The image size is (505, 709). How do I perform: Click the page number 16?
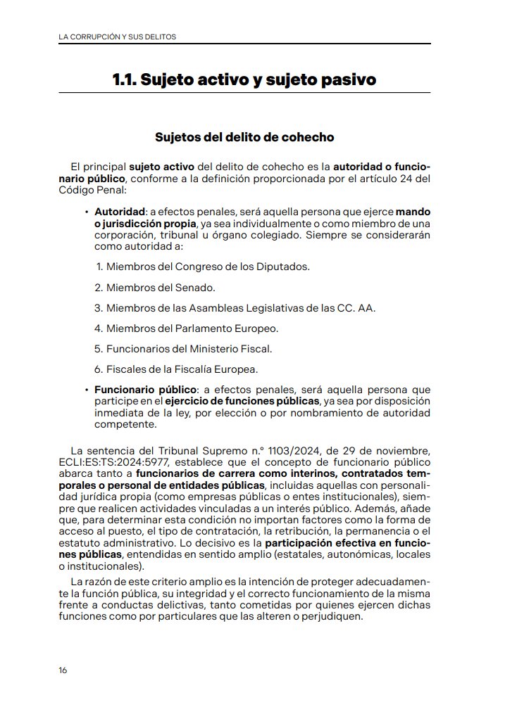[63, 670]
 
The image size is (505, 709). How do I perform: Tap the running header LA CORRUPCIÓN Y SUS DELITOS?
[117, 36]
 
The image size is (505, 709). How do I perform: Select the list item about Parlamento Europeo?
[192, 328]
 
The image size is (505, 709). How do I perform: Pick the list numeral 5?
[99, 348]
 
